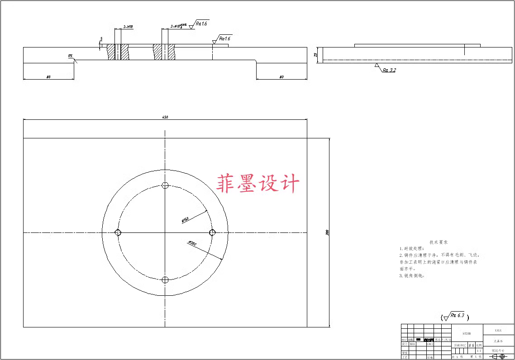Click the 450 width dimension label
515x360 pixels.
pos(165,117)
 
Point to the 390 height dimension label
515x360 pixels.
pos(327,232)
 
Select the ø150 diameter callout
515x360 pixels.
pos(185,220)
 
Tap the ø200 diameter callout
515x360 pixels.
pos(192,243)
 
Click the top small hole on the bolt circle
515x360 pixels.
pos(165,185)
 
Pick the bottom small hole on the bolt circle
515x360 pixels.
pos(165,280)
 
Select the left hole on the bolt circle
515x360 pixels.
pos(118,232)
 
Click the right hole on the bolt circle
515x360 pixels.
pos(212,232)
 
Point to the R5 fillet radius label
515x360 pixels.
pos(70,56)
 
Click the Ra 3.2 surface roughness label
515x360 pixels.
pos(389,71)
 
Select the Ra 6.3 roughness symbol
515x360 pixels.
pos(454,316)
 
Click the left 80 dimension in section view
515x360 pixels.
pos(48,77)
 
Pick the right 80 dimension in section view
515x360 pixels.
pos(281,77)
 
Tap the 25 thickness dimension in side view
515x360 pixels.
pos(315,55)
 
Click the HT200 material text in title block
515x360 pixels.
pos(467,333)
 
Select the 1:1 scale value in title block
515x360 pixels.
pos(479,351)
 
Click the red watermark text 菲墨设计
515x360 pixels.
pos(258,185)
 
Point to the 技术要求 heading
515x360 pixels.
pos(439,242)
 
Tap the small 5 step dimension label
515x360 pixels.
pos(101,39)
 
